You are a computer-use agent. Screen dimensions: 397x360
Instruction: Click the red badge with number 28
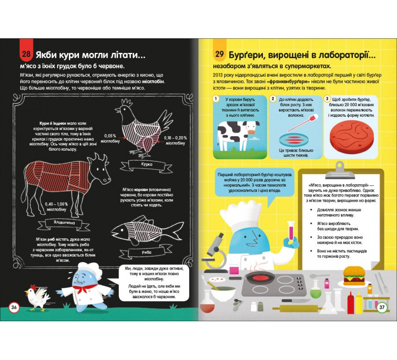[26, 52]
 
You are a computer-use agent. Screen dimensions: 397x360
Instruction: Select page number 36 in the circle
[14, 308]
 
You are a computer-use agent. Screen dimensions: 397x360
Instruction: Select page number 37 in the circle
[382, 308]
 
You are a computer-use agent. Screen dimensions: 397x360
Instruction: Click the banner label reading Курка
[146, 165]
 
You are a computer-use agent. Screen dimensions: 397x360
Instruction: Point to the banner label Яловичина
[64, 223]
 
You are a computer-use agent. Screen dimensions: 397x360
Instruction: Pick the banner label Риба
[146, 252]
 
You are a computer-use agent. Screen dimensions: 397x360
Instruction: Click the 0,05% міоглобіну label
[110, 139]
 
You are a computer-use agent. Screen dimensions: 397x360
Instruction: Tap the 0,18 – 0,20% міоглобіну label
[176, 141]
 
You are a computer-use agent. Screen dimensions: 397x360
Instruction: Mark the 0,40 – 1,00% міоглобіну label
[56, 207]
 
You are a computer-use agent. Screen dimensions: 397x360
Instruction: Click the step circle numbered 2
[273, 99]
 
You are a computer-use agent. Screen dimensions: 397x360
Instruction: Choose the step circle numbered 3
[327, 99]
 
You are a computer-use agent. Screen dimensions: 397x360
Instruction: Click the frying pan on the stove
[256, 278]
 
